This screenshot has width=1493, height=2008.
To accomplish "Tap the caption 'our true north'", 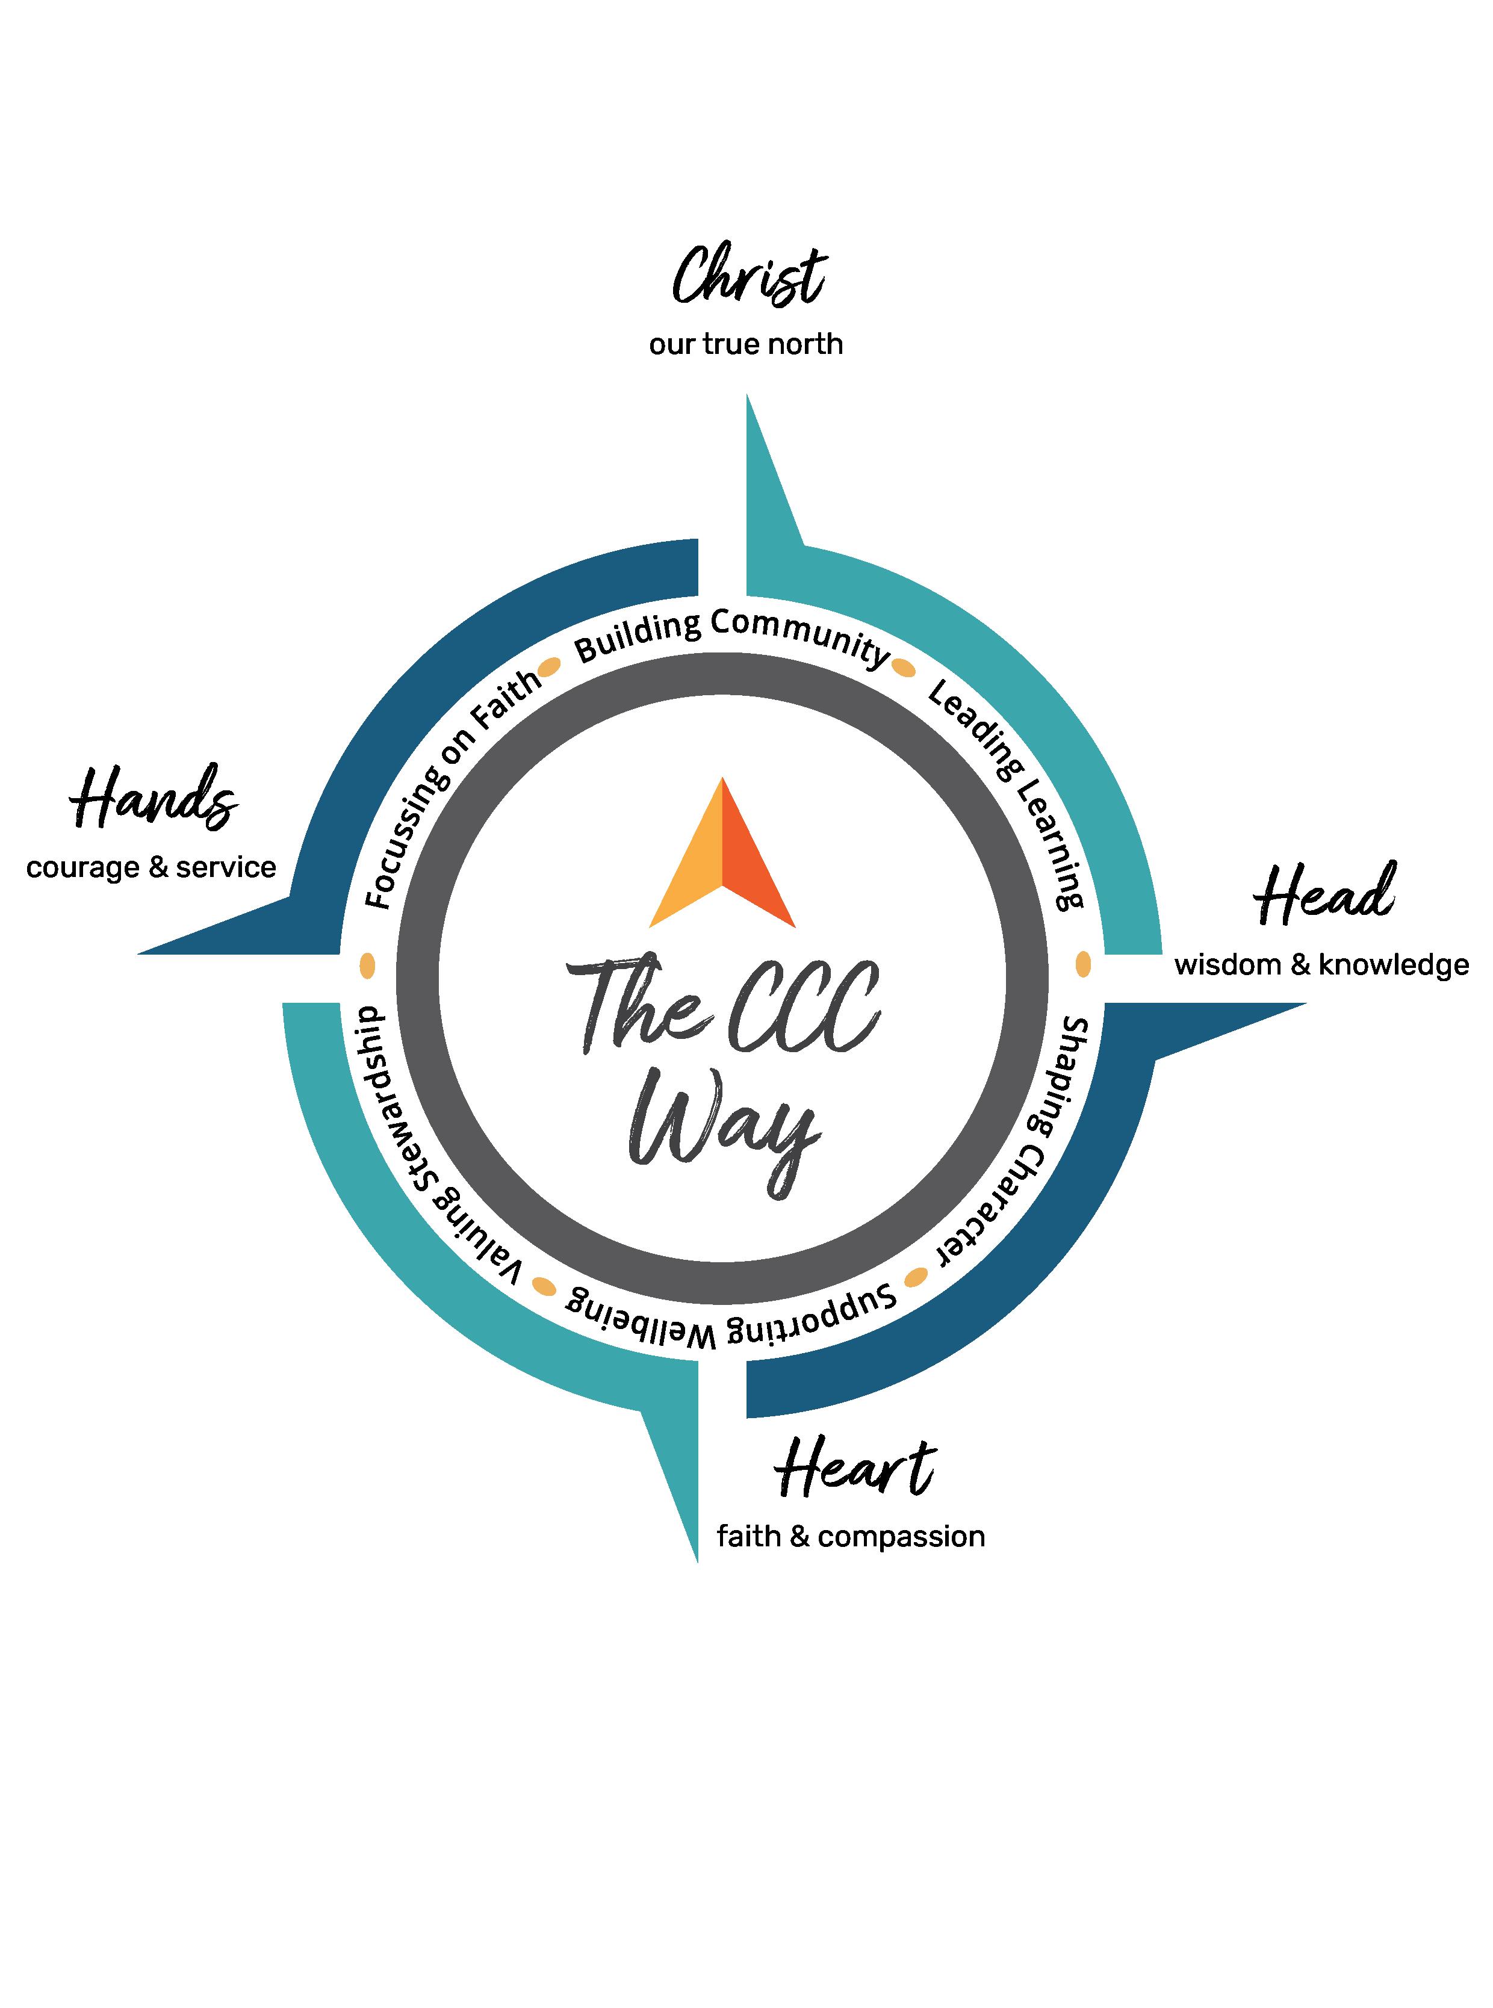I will [745, 344].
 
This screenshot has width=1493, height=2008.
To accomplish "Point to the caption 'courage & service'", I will [151, 867].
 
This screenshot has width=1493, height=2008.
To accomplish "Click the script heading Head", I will [1324, 894].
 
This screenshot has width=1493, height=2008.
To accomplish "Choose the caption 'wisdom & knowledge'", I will [1321, 965].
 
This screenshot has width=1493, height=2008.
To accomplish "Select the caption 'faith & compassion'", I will [851, 1536].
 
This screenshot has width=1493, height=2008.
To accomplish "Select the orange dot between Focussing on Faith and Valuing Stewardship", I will [367, 965].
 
